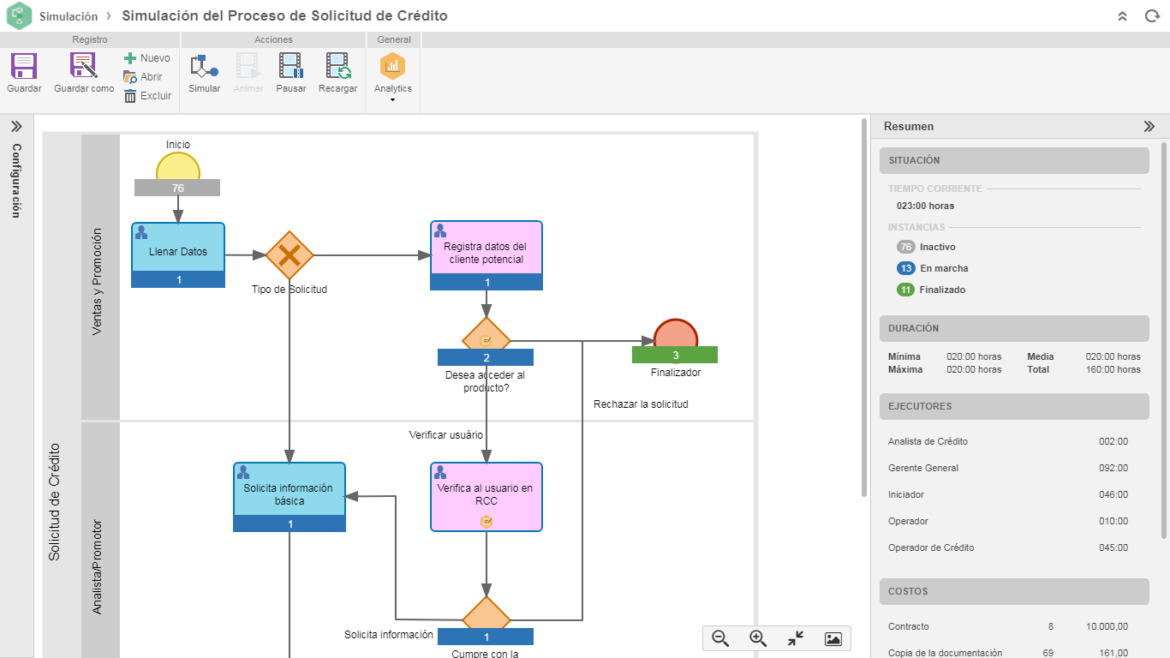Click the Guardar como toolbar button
point(84,72)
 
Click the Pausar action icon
point(291,72)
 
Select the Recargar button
point(337,72)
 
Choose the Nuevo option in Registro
point(146,58)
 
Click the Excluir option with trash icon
point(147,96)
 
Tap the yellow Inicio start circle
point(178,167)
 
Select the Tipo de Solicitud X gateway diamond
point(290,254)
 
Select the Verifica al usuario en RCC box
point(486,493)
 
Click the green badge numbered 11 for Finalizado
point(905,290)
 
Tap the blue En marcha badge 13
point(905,268)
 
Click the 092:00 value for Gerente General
point(1113,468)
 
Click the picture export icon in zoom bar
point(833,638)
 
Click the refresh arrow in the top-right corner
point(1151,16)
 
